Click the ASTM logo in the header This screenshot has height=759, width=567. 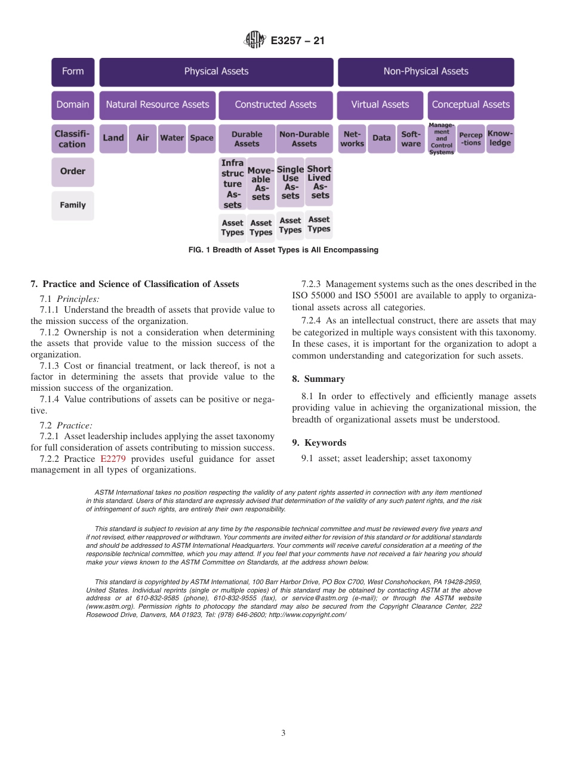255,41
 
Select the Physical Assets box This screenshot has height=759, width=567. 216,72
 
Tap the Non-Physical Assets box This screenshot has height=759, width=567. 426,72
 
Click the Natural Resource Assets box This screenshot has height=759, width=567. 157,105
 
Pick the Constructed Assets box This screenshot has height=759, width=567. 275,105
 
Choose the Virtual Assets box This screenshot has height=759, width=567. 380,105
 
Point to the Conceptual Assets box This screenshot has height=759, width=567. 470,105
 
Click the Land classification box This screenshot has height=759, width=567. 113,138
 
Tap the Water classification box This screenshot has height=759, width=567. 172,138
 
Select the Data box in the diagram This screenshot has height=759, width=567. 381,138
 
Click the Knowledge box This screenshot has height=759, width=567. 500,138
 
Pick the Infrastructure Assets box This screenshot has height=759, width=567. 232,184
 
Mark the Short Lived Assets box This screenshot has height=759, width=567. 319,182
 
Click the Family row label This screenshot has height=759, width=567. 72,205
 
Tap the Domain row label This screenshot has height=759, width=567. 72,105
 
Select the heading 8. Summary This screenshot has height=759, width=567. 318,379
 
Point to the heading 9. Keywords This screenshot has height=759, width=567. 319,443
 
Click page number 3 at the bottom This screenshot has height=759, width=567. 283,733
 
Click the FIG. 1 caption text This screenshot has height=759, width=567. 283,250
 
